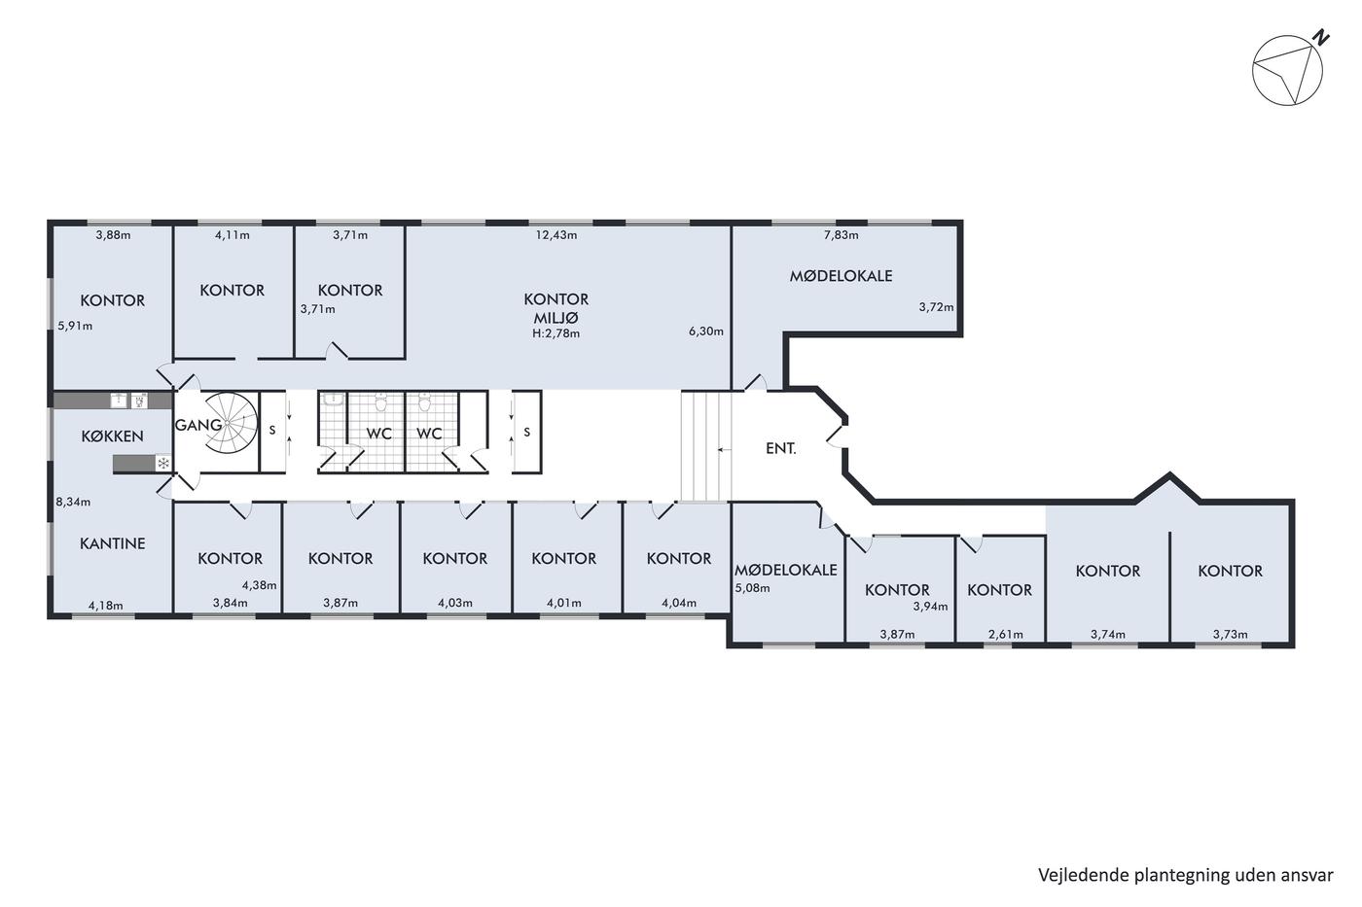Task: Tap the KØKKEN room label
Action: [x=113, y=436]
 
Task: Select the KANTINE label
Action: [x=113, y=543]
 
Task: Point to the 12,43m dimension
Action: [x=556, y=235]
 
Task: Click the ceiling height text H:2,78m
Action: [x=556, y=332]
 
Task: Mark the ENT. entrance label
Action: [x=780, y=449]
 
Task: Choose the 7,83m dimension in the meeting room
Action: [x=841, y=235]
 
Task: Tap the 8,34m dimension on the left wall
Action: [x=73, y=502]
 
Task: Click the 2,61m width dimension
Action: [x=1006, y=634]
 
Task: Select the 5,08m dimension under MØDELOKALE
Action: [x=752, y=588]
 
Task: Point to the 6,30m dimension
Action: [x=706, y=331]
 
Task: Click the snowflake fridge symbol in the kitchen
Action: [x=163, y=464]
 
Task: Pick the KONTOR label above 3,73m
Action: [x=1230, y=571]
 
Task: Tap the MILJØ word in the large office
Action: [x=556, y=318]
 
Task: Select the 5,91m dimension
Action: [x=76, y=326]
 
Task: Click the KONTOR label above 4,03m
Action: [x=455, y=558]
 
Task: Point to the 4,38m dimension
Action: [x=259, y=585]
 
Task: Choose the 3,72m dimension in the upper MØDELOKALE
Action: [x=936, y=307]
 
